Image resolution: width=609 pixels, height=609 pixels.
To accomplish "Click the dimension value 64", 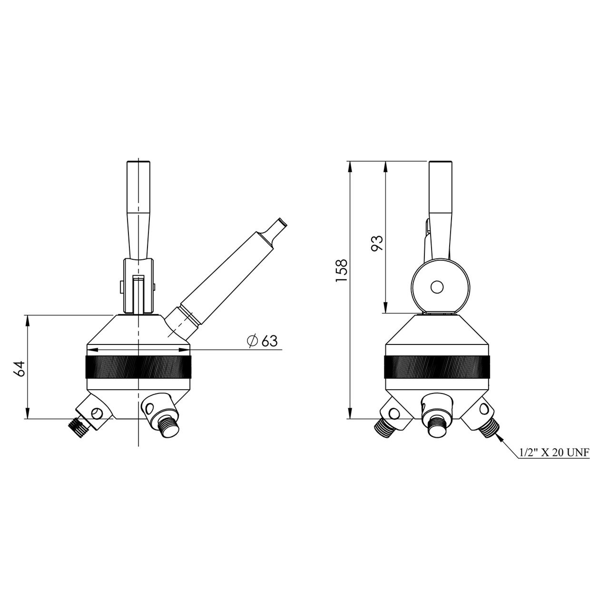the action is tap(20, 368).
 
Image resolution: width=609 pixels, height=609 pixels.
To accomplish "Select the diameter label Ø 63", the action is tap(262, 341).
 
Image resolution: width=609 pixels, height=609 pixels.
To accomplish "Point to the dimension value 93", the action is tap(377, 243).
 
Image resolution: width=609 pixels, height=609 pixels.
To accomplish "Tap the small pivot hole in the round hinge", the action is tap(437, 287).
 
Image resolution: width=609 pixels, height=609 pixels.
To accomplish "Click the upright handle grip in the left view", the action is tap(138, 206).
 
